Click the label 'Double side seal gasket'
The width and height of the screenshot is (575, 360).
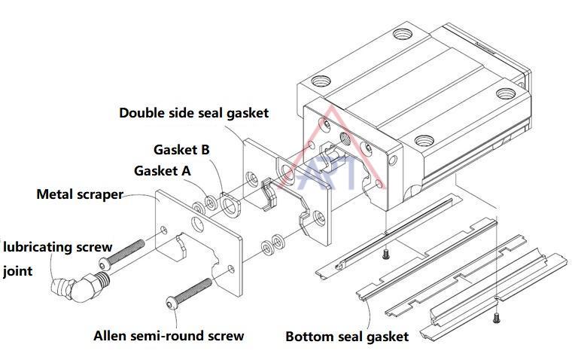(x=194, y=113)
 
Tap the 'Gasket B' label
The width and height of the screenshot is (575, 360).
(x=181, y=149)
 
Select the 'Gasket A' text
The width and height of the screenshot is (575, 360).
(x=163, y=171)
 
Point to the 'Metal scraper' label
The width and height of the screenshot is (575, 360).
(x=80, y=194)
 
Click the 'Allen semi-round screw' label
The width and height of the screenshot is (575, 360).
(x=169, y=335)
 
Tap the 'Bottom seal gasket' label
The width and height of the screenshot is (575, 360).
(x=347, y=336)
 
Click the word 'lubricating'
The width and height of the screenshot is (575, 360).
(x=38, y=247)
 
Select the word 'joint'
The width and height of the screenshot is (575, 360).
(x=18, y=271)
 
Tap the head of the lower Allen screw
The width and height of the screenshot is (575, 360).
(x=172, y=303)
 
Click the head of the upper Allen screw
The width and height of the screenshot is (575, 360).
(x=105, y=264)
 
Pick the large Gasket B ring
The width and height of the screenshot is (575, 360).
(x=229, y=204)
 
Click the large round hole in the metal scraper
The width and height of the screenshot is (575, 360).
(x=198, y=224)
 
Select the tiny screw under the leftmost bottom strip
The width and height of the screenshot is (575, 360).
(x=385, y=254)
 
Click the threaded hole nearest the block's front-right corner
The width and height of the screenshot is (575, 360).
(x=424, y=140)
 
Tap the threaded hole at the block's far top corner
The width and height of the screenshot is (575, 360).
(x=403, y=35)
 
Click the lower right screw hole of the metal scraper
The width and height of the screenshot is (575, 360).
(x=231, y=270)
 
